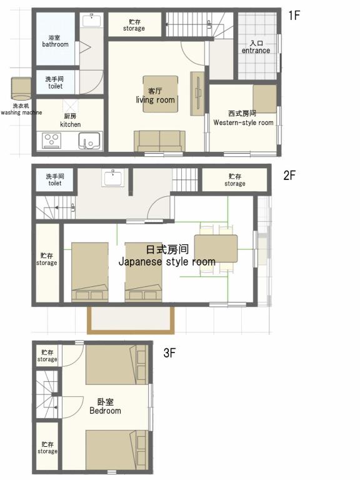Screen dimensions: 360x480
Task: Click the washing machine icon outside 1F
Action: pos(21,89)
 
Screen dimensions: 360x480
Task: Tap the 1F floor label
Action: pos(294,15)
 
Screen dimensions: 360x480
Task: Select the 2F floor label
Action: pos(289,176)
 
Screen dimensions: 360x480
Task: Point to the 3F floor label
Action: pos(169,353)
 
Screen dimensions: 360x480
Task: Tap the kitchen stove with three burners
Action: pos(51,141)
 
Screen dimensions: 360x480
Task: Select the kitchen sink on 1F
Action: pos(89,141)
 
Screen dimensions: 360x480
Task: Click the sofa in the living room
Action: pos(159,141)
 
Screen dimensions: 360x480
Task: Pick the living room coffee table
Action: pos(161,94)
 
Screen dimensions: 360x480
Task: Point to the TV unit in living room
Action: pos(197,94)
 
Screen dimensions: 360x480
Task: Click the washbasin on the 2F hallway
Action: pos(113,178)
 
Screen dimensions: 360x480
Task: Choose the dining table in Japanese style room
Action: pos(216,249)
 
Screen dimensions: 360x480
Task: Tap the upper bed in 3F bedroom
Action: pos(116,364)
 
